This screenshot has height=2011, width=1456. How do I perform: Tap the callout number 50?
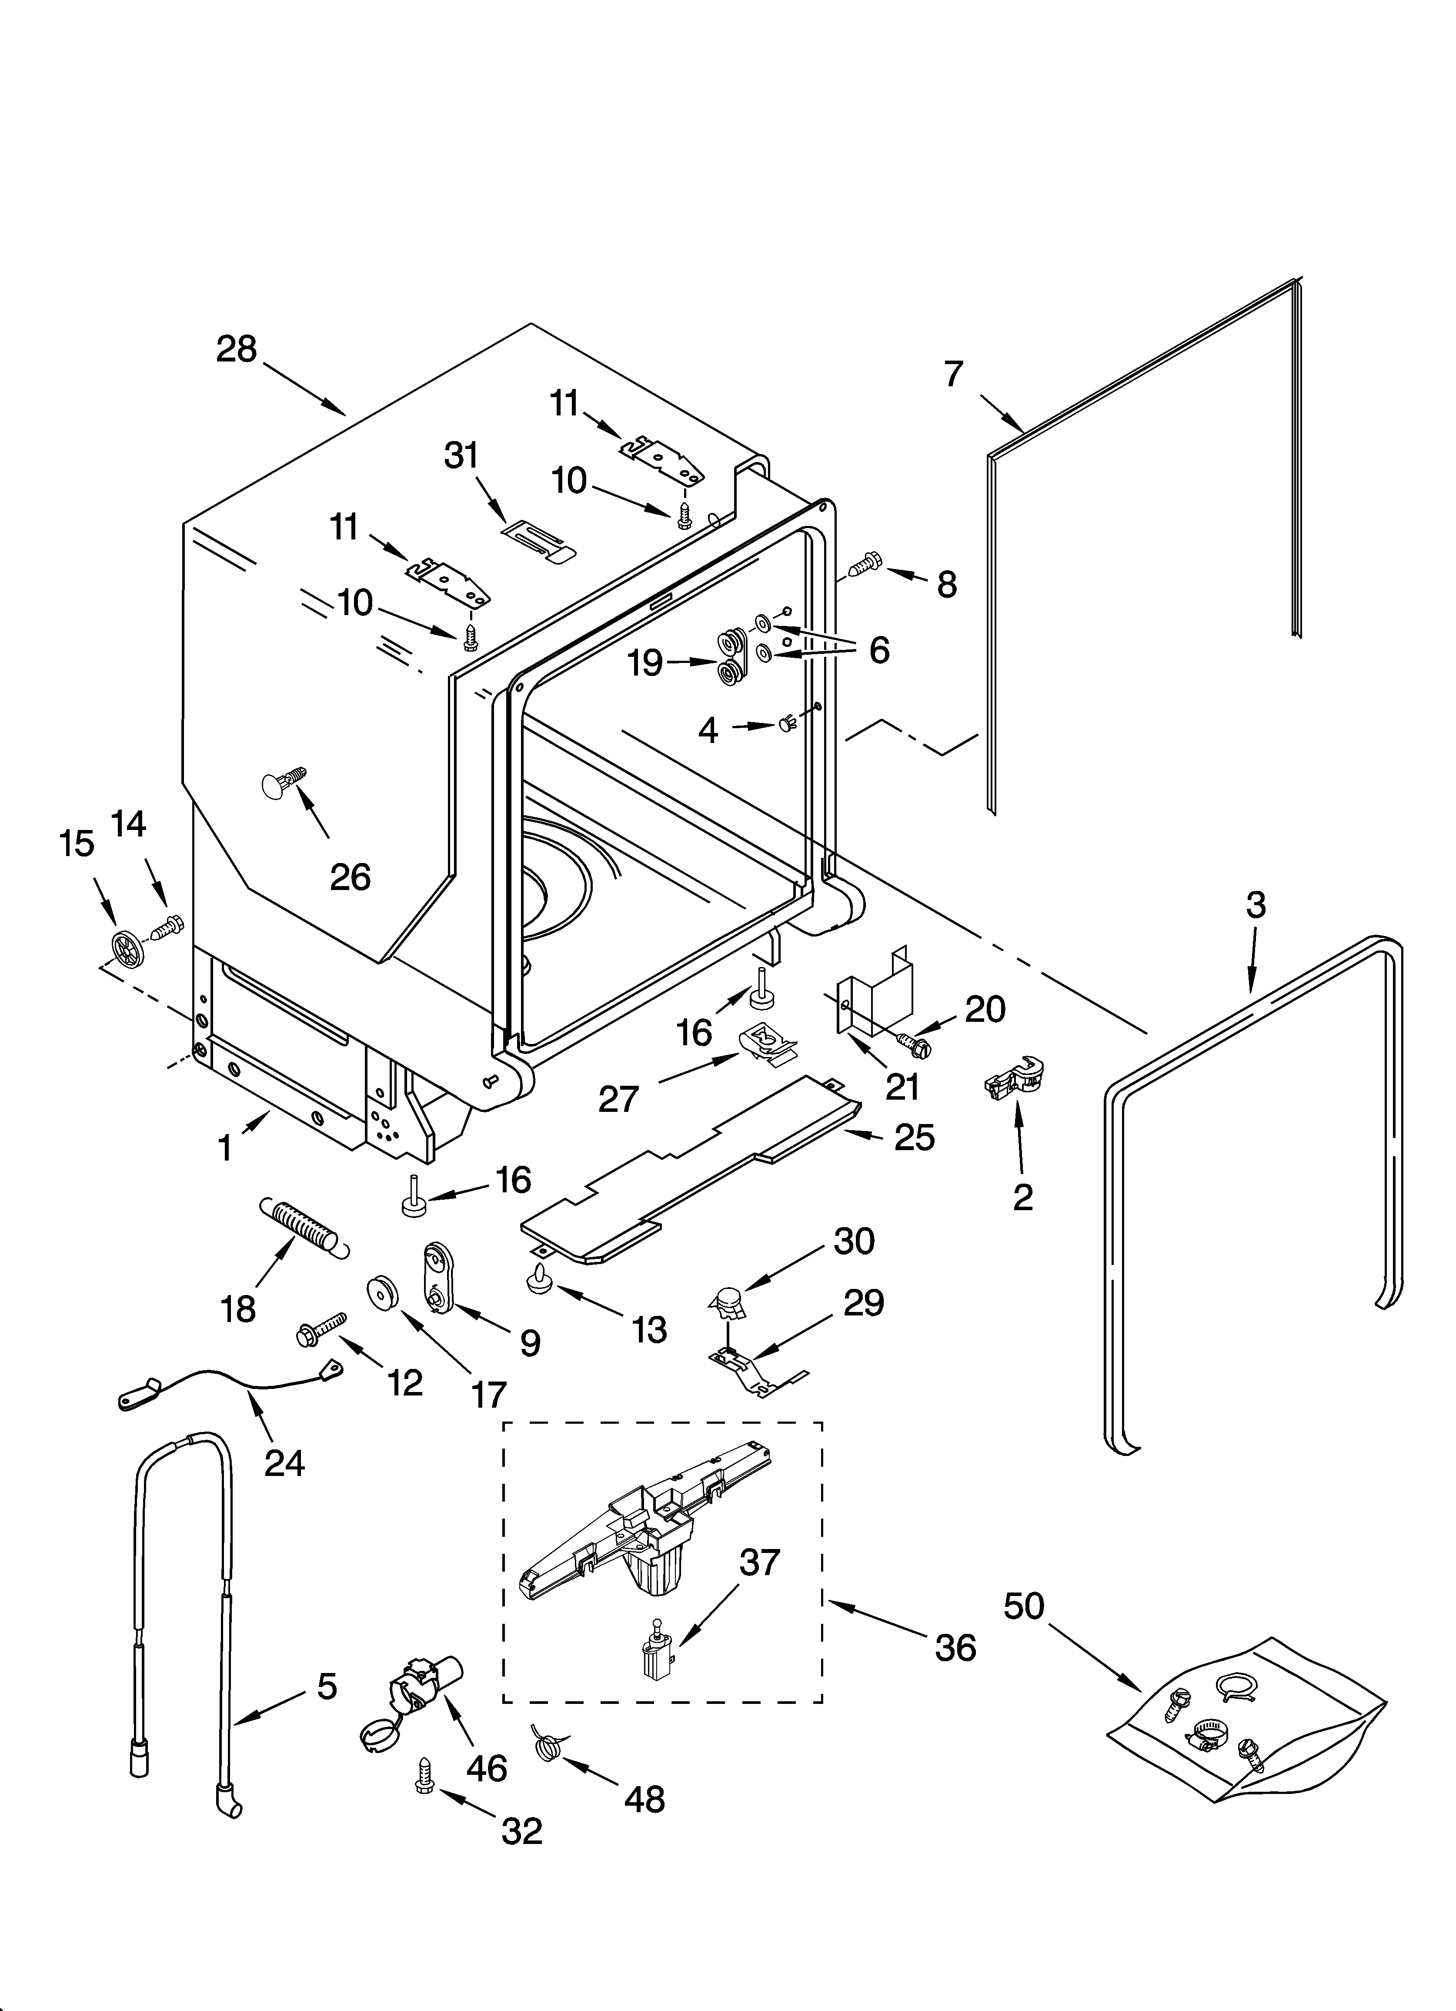1024,1606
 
